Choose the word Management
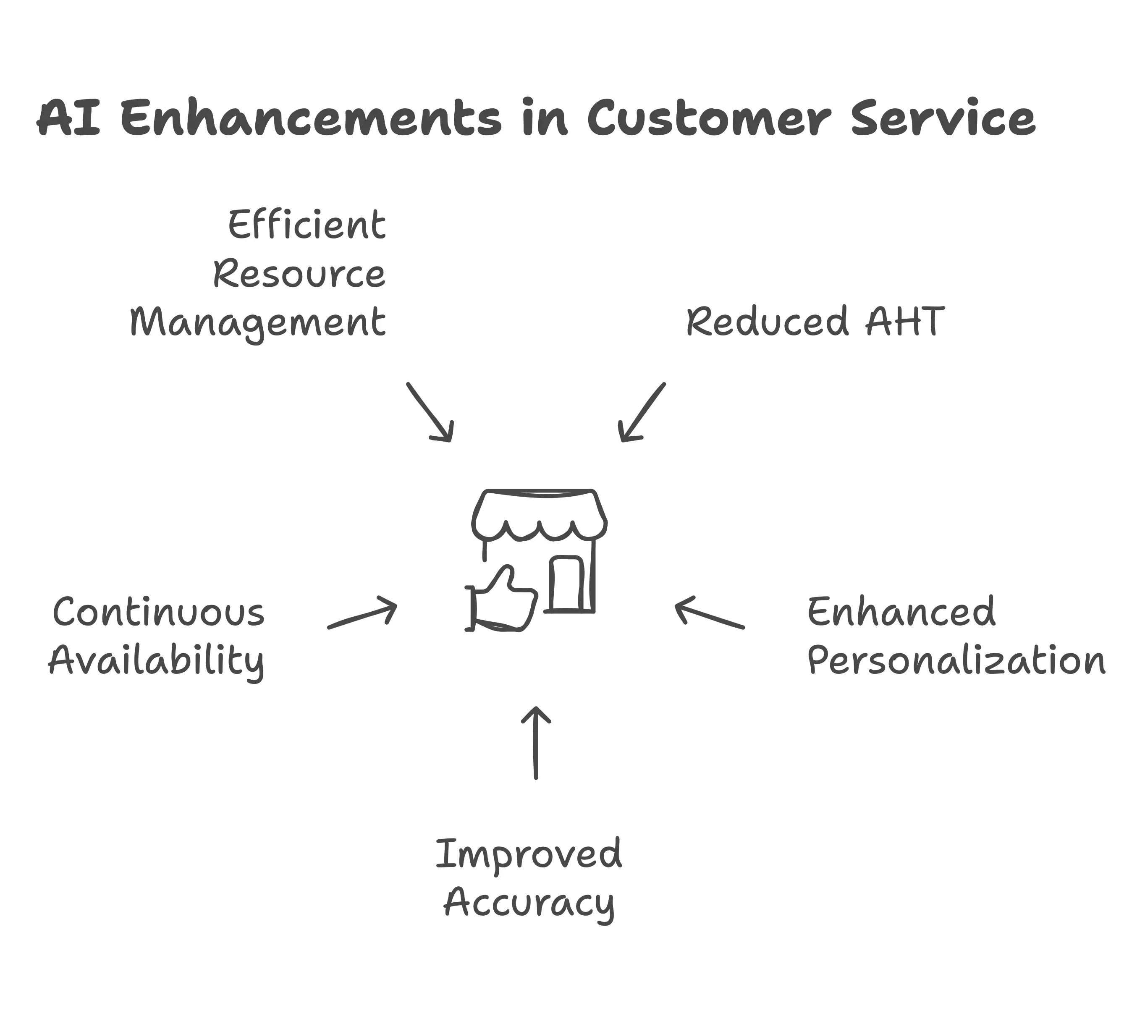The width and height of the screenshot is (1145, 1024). pos(258,323)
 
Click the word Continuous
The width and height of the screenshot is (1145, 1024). pos(158,612)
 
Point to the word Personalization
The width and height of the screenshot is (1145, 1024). pos(956,660)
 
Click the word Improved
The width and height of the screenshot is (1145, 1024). pos(529,854)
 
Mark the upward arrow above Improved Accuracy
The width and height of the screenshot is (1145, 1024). pos(536,743)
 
